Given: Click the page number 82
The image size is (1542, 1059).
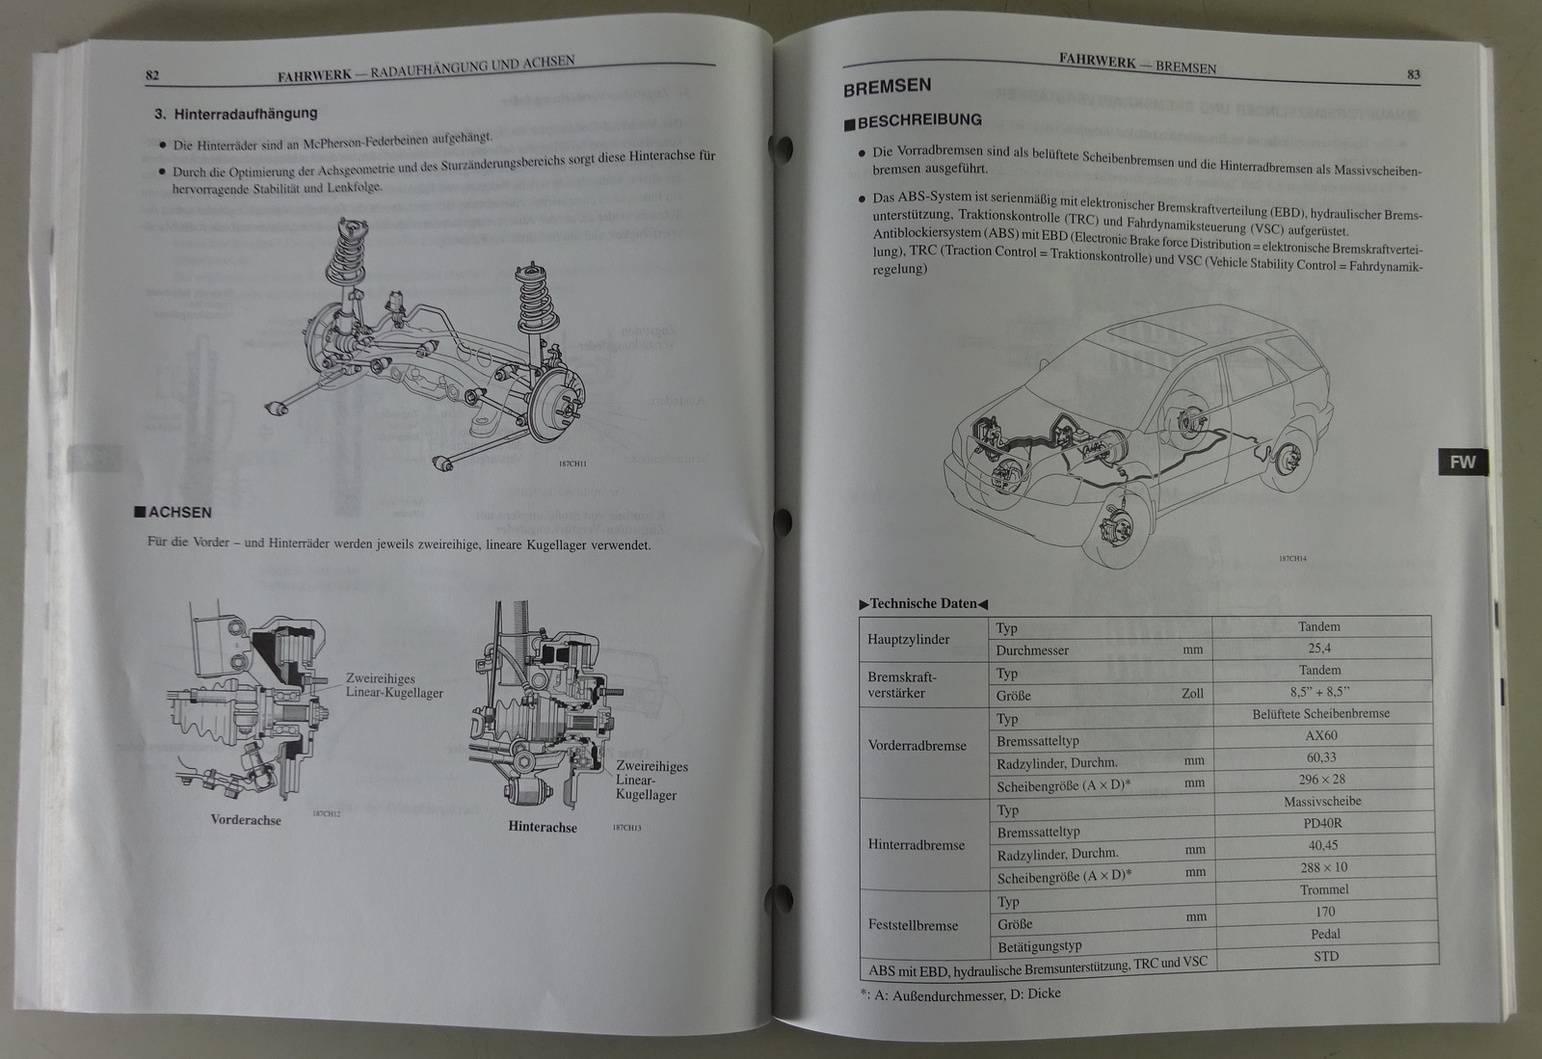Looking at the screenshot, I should (152, 75).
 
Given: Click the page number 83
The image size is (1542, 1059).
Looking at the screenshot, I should (1414, 75).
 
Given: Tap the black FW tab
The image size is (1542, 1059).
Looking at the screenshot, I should (1462, 463).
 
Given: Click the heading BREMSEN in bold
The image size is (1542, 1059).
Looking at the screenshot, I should (887, 87).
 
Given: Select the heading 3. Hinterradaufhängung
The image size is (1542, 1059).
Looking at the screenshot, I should (236, 114).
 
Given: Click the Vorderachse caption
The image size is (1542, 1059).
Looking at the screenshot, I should (246, 820).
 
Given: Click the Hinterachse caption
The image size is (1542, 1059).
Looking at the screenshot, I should (543, 827).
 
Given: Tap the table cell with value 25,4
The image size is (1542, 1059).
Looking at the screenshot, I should (1319, 649).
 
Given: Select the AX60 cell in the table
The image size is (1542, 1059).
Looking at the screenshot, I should (1319, 736).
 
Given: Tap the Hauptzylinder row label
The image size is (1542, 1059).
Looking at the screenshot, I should (909, 639).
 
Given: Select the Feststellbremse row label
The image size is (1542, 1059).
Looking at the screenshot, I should (913, 925).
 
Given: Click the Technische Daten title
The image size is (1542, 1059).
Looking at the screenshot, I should (923, 604).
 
